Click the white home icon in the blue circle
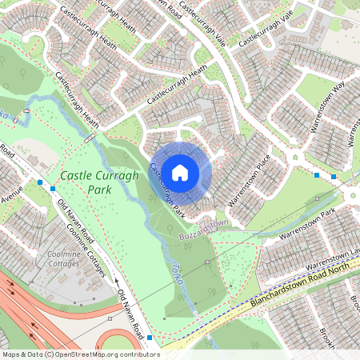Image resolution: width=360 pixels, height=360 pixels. coord(180,171)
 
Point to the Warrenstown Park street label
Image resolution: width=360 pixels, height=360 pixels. coord(315,228)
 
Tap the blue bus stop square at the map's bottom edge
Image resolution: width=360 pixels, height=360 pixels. coord(150,339)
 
